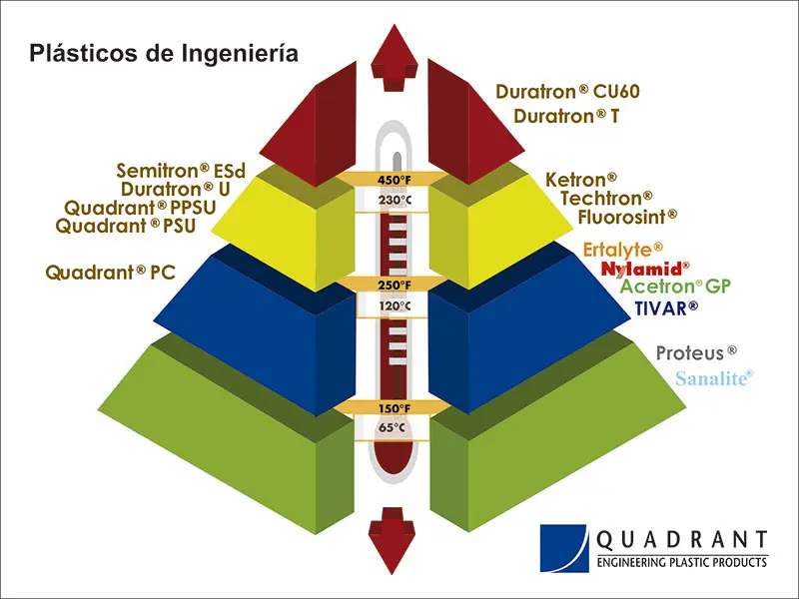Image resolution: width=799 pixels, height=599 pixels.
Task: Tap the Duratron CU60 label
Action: [566, 92]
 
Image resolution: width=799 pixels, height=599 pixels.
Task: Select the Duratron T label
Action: [566, 116]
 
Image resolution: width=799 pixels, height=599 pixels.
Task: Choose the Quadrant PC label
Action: [111, 272]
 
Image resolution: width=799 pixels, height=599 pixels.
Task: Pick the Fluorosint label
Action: [627, 215]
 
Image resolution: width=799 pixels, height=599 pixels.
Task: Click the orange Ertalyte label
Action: [622, 249]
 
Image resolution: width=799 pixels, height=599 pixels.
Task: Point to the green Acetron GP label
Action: [675, 288]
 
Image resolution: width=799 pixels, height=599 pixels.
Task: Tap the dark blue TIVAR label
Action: [666, 307]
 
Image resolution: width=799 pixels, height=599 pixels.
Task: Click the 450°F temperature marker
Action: [394, 180]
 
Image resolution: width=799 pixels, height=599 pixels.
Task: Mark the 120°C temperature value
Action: [394, 305]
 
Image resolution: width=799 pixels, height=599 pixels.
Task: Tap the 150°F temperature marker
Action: [394, 407]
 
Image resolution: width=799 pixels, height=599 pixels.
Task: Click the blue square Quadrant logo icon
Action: [562, 548]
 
